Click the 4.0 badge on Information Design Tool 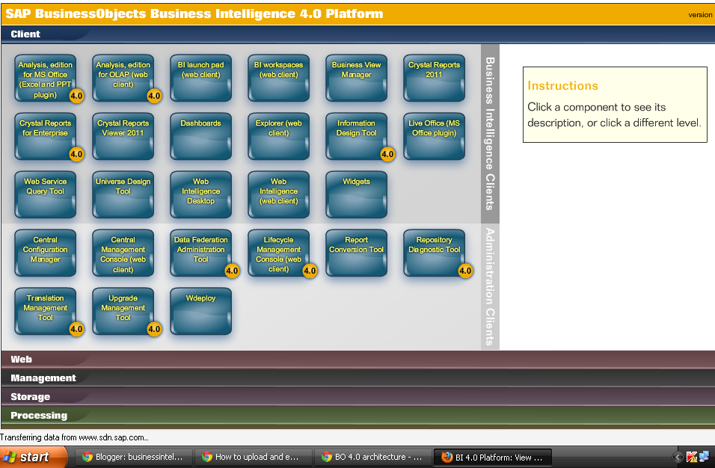tap(387, 154)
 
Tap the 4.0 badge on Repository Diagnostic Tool tap(465, 271)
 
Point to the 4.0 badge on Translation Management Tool tap(76, 329)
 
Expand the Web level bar tap(21, 360)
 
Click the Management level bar tap(43, 378)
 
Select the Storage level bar tap(31, 397)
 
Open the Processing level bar tap(39, 416)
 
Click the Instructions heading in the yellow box tap(563, 86)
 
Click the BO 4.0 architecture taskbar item tap(372, 457)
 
